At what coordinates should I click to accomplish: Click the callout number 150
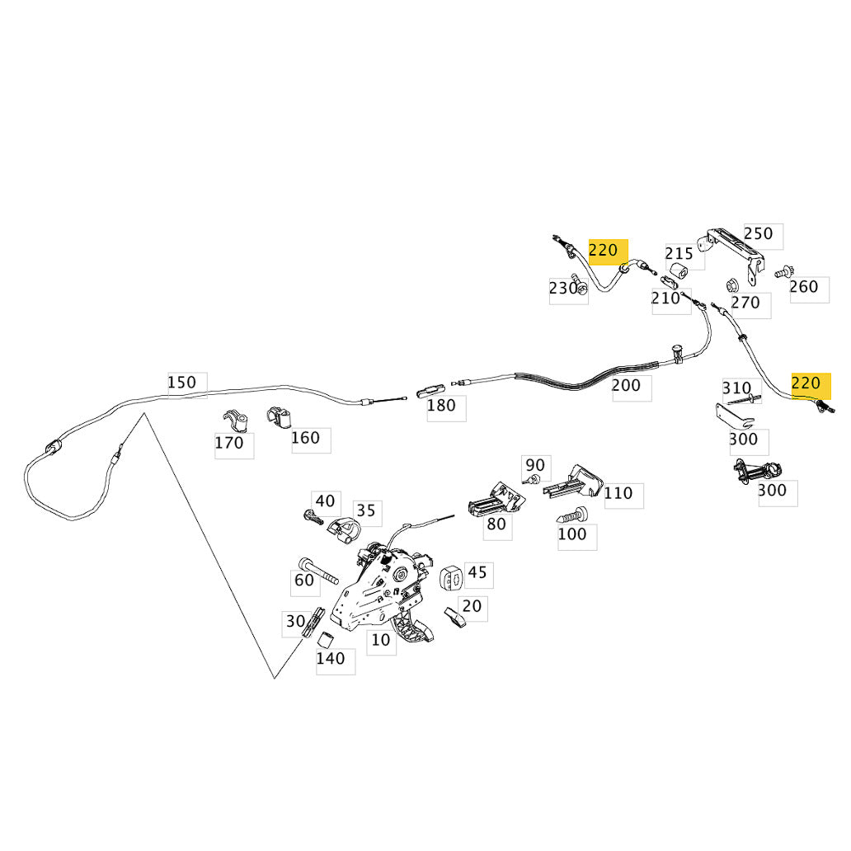coord(181,383)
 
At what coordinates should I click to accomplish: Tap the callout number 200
coord(627,385)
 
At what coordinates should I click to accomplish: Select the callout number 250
coord(758,233)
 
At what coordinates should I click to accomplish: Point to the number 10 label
coord(380,640)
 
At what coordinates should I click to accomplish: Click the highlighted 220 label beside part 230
coord(604,250)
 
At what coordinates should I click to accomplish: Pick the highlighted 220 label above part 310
coord(806,383)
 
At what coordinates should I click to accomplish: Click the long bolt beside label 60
coord(318,571)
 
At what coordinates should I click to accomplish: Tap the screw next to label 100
coord(572,515)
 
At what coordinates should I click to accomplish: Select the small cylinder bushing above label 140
coord(325,640)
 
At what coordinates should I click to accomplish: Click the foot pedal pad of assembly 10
coord(415,628)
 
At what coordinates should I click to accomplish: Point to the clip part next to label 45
coord(451,577)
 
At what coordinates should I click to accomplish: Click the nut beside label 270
coord(732,285)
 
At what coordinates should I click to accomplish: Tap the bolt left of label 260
coord(783,272)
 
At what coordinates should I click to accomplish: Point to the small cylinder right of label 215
coord(679,270)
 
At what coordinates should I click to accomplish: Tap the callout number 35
coord(366,510)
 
